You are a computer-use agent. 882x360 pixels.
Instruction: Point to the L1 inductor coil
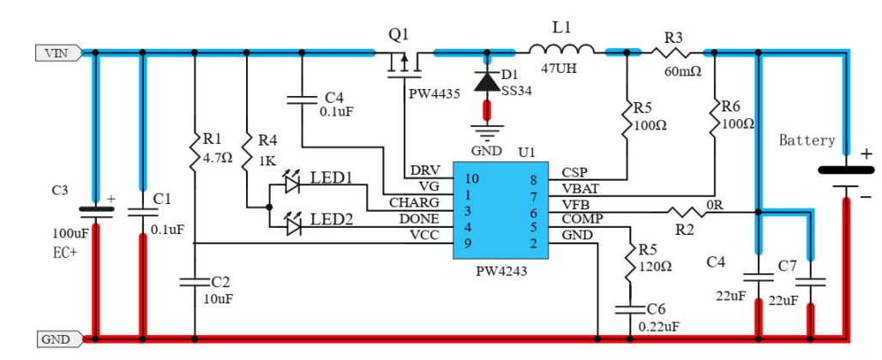(561, 50)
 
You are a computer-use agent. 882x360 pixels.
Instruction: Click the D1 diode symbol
(489, 82)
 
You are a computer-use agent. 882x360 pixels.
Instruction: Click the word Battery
(806, 141)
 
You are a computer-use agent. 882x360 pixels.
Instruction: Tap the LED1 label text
(332, 177)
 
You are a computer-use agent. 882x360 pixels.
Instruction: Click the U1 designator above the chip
(526, 152)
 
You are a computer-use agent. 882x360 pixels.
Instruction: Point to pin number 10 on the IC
(470, 179)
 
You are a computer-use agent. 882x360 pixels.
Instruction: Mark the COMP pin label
(579, 219)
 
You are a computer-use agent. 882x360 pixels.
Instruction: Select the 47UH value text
(561, 69)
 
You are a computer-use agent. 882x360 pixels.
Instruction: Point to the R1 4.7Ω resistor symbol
(195, 149)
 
